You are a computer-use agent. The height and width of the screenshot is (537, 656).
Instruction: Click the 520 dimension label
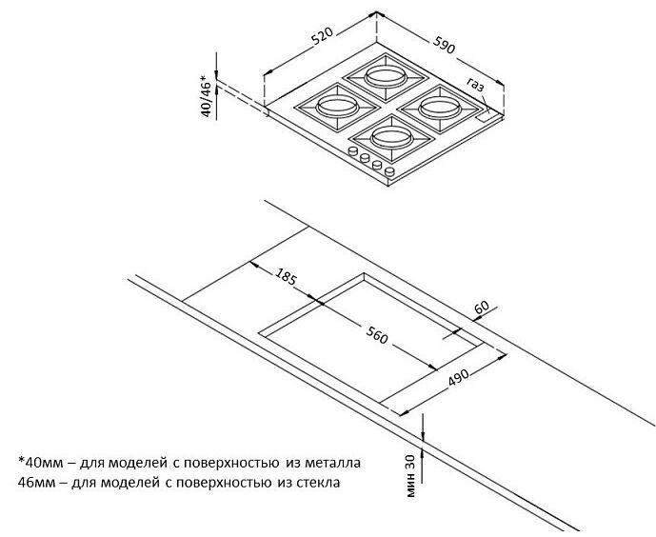pyautogui.click(x=322, y=36)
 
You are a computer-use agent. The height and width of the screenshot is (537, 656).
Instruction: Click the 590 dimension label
pyautogui.click(x=444, y=45)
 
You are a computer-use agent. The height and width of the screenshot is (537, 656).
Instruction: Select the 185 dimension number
pyautogui.click(x=286, y=275)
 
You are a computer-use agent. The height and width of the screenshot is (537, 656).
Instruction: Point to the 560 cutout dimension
pyautogui.click(x=377, y=334)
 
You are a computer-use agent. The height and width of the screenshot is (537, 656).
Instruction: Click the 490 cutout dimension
pyautogui.click(x=459, y=378)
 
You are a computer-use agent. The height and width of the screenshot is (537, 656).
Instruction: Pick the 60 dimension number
pyautogui.click(x=482, y=308)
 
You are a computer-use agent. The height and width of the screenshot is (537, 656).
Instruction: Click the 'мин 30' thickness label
pyautogui.click(x=411, y=476)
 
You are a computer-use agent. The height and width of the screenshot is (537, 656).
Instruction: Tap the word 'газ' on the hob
pyautogui.click(x=475, y=85)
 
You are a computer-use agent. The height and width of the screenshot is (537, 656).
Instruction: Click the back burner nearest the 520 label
pyautogui.click(x=386, y=77)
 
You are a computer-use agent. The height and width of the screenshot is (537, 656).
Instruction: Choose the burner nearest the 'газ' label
pyautogui.click(x=439, y=108)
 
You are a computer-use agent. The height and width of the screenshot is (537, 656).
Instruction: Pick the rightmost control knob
pyautogui.click(x=389, y=171)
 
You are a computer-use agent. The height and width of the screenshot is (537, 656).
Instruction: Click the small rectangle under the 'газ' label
pyautogui.click(x=486, y=116)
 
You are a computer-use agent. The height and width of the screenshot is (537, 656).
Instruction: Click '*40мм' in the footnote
pyautogui.click(x=41, y=463)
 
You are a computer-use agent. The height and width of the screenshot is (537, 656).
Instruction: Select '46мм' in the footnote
pyautogui.click(x=37, y=483)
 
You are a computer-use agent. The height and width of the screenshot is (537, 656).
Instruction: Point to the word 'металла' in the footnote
pyautogui.click(x=332, y=463)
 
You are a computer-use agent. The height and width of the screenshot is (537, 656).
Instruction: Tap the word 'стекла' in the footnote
pyautogui.click(x=318, y=483)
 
